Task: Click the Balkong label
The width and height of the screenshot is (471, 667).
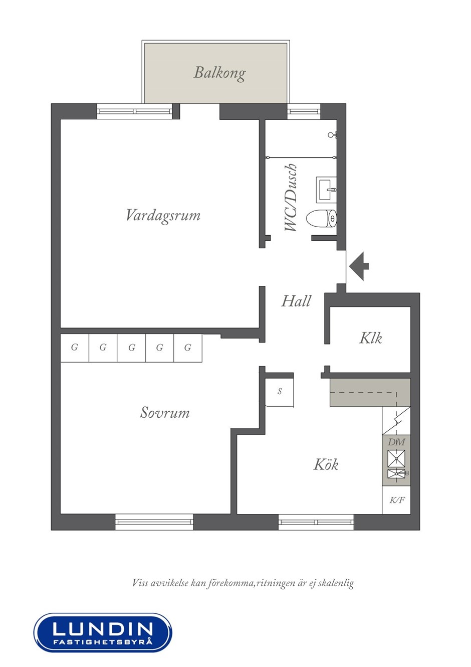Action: (x=219, y=73)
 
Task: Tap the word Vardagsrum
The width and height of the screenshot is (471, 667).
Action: (x=163, y=216)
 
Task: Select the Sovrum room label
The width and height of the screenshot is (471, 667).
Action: (x=164, y=413)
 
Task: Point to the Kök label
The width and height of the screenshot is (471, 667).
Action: (x=326, y=464)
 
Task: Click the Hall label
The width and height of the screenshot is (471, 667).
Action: (x=296, y=301)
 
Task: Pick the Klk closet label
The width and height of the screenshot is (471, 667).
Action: (x=370, y=338)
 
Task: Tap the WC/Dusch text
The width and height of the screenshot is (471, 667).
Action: (x=291, y=198)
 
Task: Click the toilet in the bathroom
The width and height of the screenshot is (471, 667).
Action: (x=321, y=219)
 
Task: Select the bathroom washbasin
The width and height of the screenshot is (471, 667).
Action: (x=326, y=190)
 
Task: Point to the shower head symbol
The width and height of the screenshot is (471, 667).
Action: (x=333, y=135)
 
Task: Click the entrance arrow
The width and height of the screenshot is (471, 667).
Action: (x=359, y=266)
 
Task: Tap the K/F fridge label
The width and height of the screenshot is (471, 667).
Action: (x=397, y=500)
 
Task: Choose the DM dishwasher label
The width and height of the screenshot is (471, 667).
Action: (x=396, y=442)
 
